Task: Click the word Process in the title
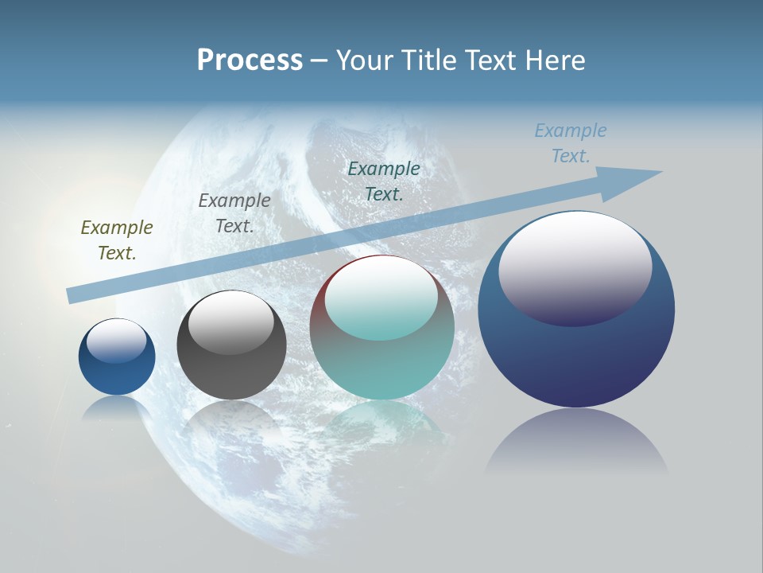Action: (x=250, y=60)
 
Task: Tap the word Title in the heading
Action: (x=427, y=60)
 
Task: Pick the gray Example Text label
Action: (x=234, y=213)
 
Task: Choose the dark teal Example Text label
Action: (x=384, y=181)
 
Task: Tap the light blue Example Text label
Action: (x=571, y=143)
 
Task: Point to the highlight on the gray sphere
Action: (x=231, y=318)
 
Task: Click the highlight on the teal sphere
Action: (x=381, y=294)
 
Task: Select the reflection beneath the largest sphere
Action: (x=576, y=442)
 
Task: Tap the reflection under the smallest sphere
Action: (x=117, y=407)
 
